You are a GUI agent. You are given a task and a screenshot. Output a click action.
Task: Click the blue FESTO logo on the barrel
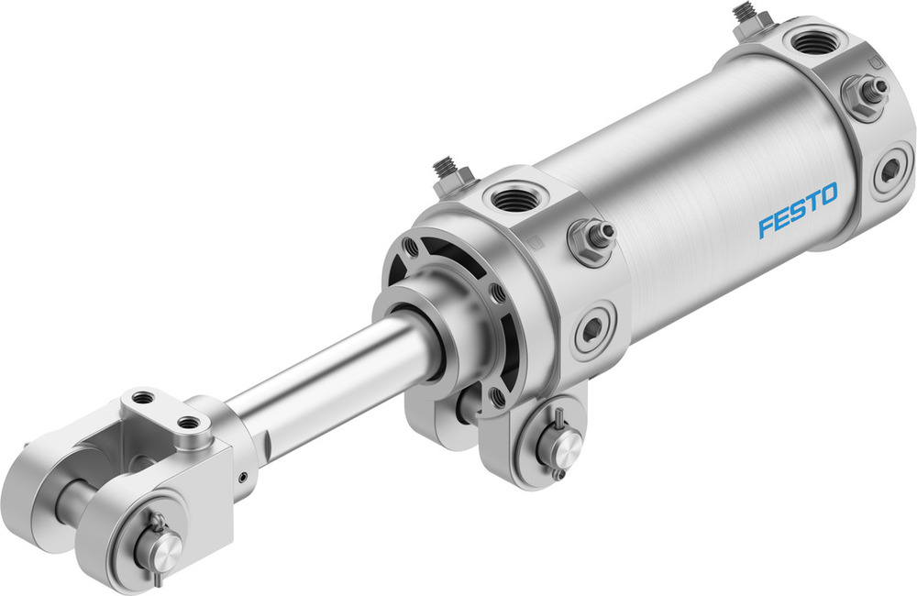[x=797, y=210]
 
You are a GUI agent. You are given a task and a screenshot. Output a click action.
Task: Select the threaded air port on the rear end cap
[x=811, y=42]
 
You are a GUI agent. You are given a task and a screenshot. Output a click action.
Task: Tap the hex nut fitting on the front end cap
[x=588, y=242]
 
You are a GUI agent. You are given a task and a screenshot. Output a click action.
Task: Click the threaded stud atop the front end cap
[x=447, y=171]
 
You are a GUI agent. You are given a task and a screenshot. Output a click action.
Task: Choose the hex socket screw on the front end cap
[x=592, y=328]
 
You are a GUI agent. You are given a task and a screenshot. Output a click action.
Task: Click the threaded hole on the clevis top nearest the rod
[x=191, y=424]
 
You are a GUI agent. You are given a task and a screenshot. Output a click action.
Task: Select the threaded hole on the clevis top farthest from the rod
[x=143, y=399]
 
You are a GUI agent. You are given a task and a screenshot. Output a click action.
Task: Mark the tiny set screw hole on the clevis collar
[x=242, y=476]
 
